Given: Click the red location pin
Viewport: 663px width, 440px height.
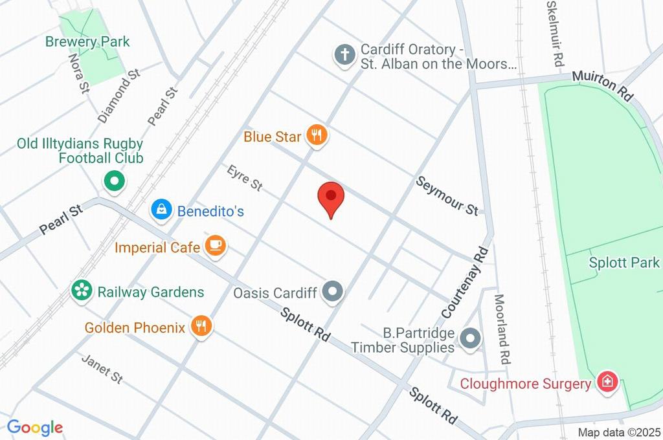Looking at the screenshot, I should (x=331, y=197).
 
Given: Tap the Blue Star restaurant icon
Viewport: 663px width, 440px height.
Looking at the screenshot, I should (x=317, y=137).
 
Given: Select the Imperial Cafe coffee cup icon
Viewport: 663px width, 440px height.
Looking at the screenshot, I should (x=215, y=247).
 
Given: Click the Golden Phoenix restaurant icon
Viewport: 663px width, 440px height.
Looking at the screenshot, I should (x=202, y=327).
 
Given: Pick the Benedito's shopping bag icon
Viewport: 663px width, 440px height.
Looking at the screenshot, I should (x=160, y=210).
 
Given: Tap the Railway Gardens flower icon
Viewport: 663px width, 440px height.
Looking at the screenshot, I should (x=82, y=291).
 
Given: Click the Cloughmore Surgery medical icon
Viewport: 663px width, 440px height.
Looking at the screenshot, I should (x=607, y=382).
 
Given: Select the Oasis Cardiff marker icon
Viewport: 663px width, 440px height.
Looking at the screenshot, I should (x=333, y=292).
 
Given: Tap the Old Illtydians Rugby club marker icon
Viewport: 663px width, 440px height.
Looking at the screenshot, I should (x=115, y=182).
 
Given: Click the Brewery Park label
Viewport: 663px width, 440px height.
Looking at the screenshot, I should (x=87, y=42).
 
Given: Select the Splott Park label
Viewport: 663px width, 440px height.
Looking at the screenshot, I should (x=624, y=263).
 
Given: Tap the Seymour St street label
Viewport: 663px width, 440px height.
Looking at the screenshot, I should (x=447, y=195).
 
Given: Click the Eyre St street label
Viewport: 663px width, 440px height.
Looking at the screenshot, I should (x=245, y=178).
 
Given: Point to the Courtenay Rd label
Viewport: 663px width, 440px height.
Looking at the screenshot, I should (x=464, y=281).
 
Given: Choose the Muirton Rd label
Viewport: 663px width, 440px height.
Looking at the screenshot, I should (x=602, y=85).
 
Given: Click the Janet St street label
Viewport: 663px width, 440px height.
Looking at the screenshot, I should (x=102, y=368).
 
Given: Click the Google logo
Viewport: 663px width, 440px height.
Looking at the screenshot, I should (x=35, y=427).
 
